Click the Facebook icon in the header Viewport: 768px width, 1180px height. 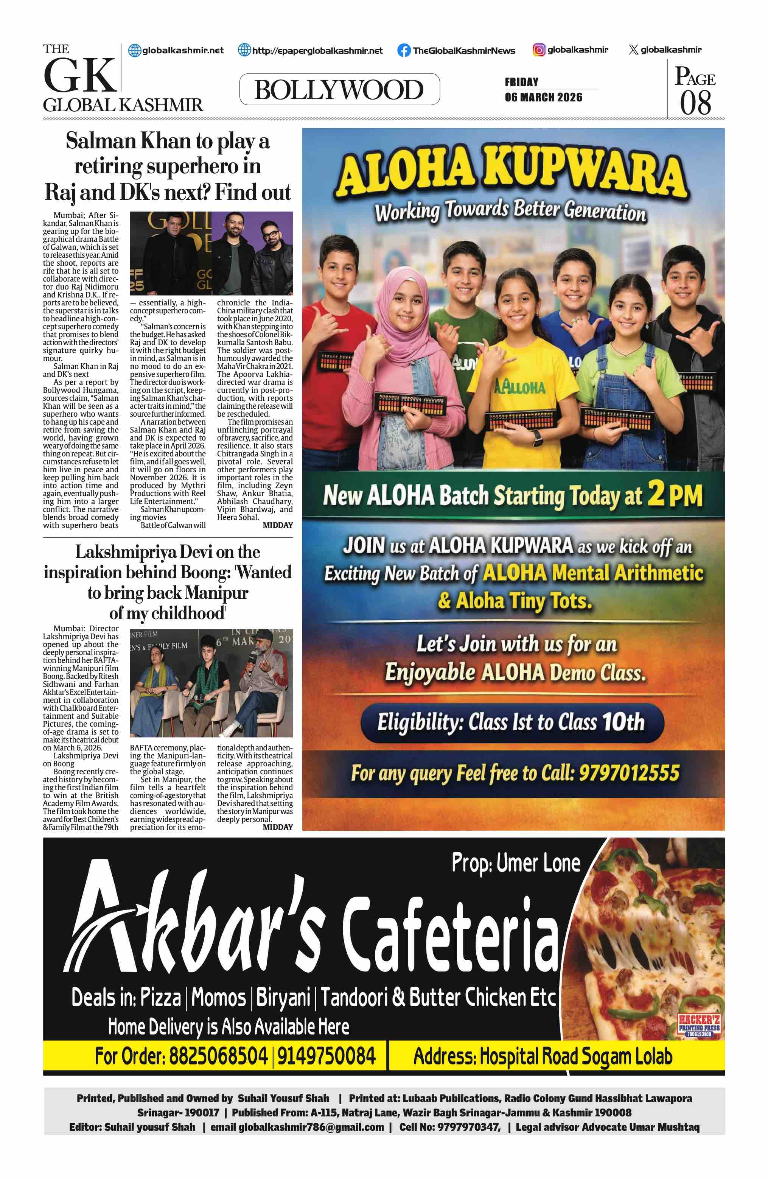click(404, 50)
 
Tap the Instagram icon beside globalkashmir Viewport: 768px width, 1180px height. click(539, 50)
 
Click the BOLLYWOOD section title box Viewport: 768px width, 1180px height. click(339, 90)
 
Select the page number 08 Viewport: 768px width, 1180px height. click(695, 103)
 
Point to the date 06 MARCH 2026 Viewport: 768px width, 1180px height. click(544, 97)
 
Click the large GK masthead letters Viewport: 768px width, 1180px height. click(79, 75)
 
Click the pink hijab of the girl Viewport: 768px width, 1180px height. click(401, 317)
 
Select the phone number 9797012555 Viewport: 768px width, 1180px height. click(629, 772)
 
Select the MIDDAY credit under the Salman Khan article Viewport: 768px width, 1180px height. click(277, 525)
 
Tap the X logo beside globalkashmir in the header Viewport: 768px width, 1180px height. click(633, 50)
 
